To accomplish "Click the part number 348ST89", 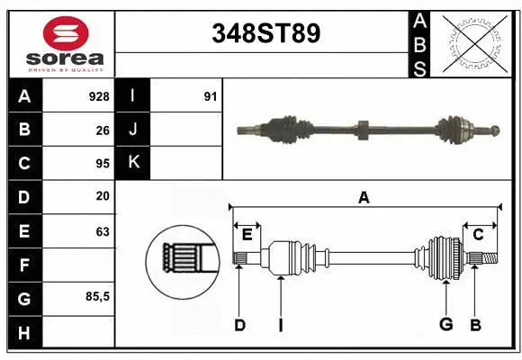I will click(x=265, y=33).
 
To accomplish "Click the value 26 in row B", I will click(x=103, y=130).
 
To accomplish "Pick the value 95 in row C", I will click(x=103, y=164).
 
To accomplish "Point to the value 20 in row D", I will click(x=103, y=196).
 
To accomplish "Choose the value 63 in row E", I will click(x=103, y=231).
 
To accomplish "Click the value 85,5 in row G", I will click(x=96, y=297).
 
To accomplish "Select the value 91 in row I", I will click(x=210, y=96).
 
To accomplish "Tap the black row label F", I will click(x=24, y=265).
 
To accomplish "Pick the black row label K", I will click(x=133, y=163).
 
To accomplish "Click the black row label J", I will click(x=133, y=130).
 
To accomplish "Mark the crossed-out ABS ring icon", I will click(x=475, y=42).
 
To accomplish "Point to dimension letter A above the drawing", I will click(x=364, y=197).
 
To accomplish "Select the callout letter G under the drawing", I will click(x=445, y=325).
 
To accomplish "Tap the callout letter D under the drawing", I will click(x=239, y=325).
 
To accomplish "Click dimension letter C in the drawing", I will click(x=478, y=235).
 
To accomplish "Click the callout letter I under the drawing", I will click(x=280, y=325).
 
